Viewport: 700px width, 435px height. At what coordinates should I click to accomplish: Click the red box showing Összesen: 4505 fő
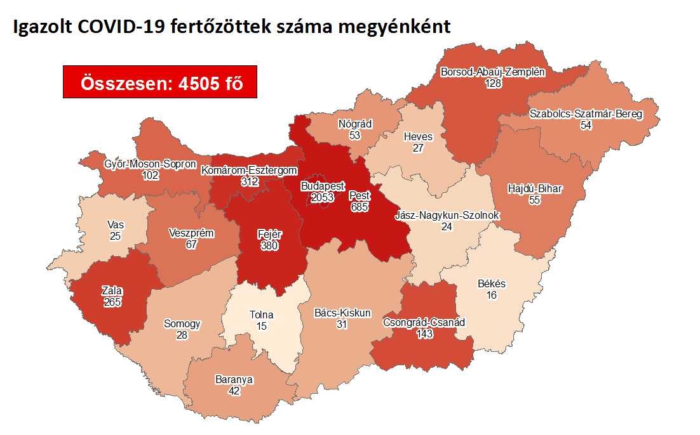tap(159, 82)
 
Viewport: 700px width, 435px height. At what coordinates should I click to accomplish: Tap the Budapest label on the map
tap(323, 187)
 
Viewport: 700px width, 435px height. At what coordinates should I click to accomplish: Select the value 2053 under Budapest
tap(323, 198)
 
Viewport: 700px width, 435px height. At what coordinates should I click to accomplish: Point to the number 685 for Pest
tap(360, 206)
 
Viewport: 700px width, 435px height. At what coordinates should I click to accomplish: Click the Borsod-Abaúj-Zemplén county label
tap(493, 72)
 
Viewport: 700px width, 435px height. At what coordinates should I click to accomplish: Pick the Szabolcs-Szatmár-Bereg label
tap(586, 115)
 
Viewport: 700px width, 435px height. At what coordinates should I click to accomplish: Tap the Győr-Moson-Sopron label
tap(151, 165)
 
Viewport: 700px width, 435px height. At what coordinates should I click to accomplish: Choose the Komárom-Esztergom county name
tap(249, 170)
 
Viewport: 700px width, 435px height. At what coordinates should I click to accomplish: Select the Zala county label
tap(112, 291)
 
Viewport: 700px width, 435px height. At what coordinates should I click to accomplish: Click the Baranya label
tap(234, 380)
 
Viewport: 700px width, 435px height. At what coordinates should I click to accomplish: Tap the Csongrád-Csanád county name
tap(424, 323)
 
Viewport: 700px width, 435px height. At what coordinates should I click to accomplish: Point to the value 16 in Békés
tap(492, 295)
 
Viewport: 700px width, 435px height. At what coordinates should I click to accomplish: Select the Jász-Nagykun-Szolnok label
tap(447, 216)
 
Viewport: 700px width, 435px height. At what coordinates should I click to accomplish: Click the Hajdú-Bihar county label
tap(535, 189)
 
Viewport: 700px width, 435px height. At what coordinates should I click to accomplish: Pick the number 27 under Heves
tap(418, 148)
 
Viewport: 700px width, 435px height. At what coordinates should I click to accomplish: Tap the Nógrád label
tap(355, 124)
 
